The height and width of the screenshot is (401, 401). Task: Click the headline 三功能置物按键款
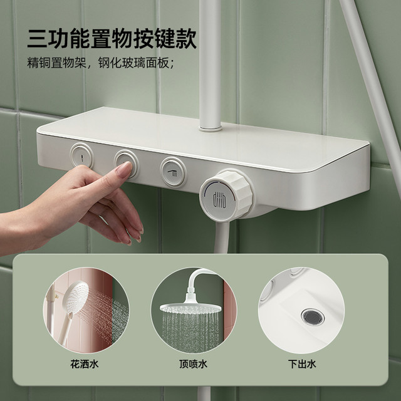[112, 38]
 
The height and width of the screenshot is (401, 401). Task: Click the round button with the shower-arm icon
[173, 172]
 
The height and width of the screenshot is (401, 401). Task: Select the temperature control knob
[226, 195]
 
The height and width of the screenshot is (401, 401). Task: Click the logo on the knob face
[219, 199]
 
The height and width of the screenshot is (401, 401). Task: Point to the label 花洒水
[85, 363]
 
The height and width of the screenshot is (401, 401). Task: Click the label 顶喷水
[194, 363]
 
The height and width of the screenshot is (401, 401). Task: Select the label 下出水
[302, 363]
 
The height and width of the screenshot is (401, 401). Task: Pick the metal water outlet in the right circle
[313, 317]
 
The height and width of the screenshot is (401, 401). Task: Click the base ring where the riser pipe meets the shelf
[210, 128]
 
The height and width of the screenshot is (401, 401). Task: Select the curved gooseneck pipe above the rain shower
[197, 278]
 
